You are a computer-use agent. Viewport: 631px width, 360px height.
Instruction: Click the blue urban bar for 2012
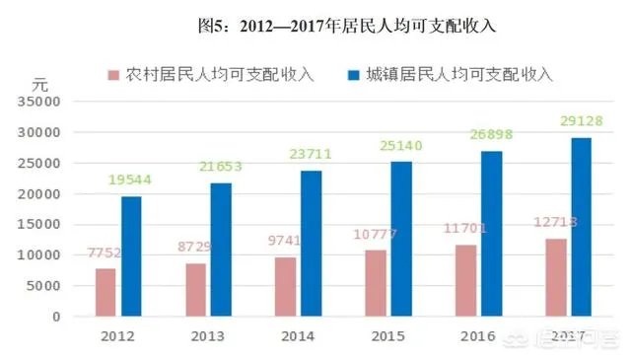(131, 256)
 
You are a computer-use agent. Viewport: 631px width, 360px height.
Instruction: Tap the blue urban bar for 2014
(312, 244)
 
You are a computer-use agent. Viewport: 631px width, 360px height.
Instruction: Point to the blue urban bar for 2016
(491, 234)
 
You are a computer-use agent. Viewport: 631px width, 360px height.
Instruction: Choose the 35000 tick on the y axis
(40, 101)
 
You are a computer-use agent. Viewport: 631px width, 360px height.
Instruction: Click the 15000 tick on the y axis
(40, 225)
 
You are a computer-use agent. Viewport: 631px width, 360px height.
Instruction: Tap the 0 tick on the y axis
(56, 318)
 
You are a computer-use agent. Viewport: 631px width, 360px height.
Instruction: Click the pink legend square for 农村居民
(113, 75)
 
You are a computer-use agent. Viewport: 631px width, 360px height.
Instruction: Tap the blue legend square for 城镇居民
(353, 75)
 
